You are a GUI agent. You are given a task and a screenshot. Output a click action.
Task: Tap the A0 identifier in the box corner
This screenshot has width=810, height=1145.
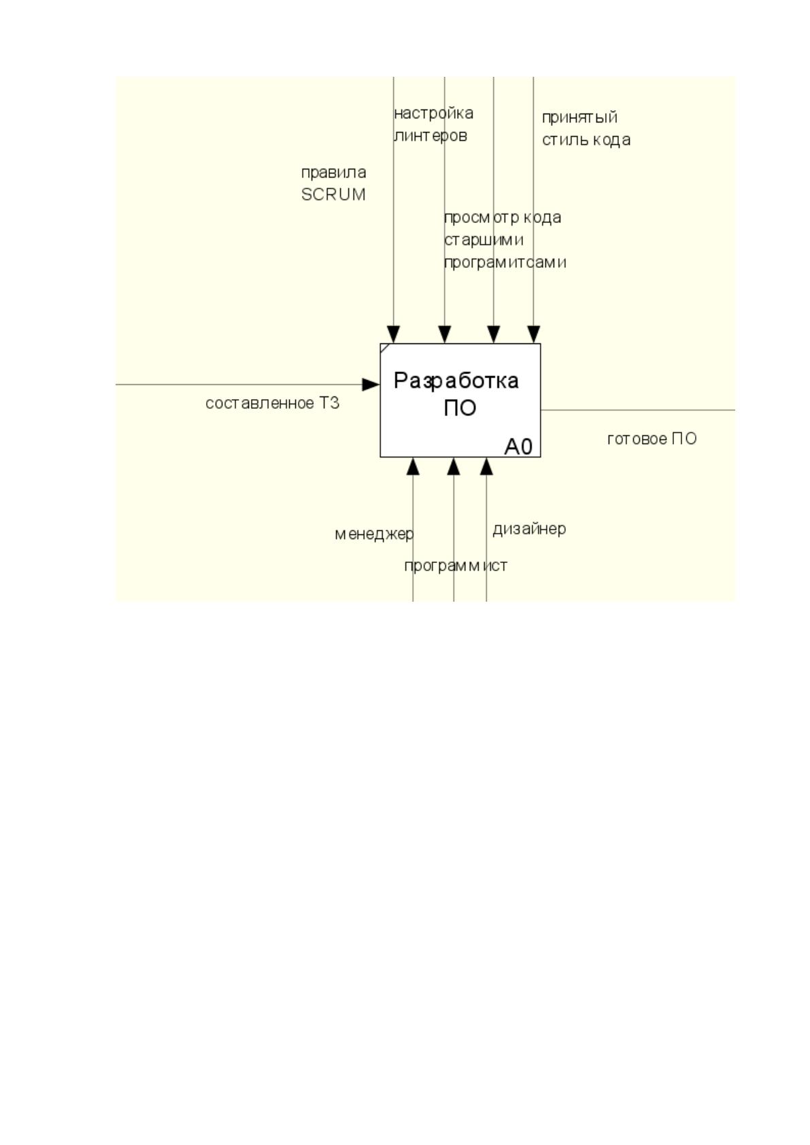[518, 446]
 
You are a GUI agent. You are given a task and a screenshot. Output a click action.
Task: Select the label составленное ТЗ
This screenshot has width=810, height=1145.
[272, 403]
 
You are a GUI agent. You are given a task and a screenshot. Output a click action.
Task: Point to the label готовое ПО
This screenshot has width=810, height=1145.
[652, 439]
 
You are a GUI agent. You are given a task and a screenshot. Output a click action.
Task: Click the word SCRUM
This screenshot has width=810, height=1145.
[333, 194]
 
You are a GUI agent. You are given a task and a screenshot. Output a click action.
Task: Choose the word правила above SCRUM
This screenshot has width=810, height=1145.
[333, 173]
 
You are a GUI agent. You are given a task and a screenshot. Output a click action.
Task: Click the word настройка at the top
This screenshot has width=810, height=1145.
[434, 113]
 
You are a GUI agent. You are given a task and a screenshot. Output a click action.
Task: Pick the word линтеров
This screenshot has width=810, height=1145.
[431, 136]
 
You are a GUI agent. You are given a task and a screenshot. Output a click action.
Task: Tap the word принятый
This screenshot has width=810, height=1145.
[579, 118]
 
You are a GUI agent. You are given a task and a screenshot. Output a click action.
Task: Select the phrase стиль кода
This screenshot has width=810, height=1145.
[586, 140]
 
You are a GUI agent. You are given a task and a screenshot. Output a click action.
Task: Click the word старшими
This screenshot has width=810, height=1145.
[484, 240]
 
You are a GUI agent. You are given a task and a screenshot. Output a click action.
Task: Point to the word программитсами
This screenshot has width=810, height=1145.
[505, 262]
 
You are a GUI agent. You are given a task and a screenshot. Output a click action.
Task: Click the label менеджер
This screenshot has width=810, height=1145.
[374, 534]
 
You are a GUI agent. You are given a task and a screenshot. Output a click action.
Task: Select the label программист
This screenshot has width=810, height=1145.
[456, 566]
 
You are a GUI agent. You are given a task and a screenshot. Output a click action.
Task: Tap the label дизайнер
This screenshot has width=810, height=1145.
[529, 529]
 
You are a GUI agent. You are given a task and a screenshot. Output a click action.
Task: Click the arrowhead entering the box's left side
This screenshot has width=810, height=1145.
[371, 384]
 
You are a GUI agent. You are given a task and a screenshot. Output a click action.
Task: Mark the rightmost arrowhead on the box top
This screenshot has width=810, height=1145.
[533, 335]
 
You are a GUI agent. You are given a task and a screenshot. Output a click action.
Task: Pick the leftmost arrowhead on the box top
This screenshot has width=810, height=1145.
[393, 335]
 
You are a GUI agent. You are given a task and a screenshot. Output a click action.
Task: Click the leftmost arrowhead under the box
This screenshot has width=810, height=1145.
[413, 466]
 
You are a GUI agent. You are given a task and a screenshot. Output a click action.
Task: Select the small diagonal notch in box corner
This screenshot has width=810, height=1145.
[385, 348]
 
